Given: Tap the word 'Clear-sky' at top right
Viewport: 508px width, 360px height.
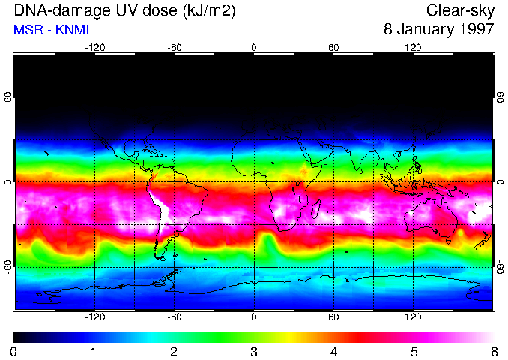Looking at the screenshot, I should tap(460, 10).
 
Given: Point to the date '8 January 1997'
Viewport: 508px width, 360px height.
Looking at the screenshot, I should tap(438, 30).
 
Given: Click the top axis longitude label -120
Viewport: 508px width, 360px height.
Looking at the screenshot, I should tap(94, 47).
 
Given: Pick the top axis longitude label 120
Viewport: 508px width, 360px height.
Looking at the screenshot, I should tap(413, 47).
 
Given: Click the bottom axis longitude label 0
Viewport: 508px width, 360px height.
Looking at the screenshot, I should tap(254, 317).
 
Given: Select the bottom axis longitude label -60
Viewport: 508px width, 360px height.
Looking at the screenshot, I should tap(175, 317).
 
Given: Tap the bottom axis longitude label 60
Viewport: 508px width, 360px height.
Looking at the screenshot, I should tap(333, 317).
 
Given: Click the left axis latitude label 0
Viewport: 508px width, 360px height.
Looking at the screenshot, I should tap(8, 182).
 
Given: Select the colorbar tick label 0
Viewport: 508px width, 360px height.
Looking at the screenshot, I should tap(13, 352).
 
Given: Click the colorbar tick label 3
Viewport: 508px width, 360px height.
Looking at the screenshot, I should tap(253, 352).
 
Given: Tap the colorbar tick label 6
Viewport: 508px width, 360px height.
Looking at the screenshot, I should tap(493, 352).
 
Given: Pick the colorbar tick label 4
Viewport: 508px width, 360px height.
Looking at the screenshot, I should tap(333, 352).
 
